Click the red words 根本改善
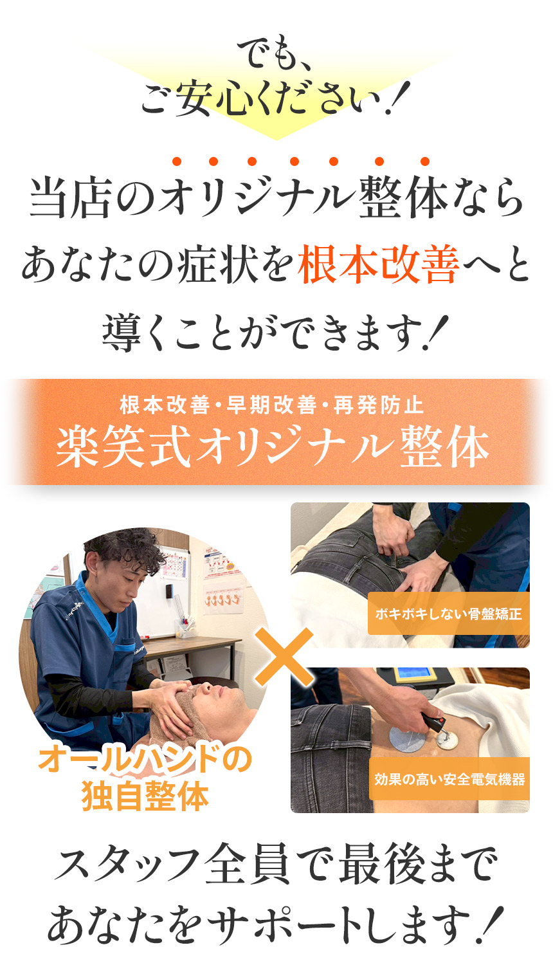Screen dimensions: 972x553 [378, 265]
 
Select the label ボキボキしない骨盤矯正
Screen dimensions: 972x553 [448, 614]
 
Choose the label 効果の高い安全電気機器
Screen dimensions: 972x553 [449, 779]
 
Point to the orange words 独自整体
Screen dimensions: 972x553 [145, 796]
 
